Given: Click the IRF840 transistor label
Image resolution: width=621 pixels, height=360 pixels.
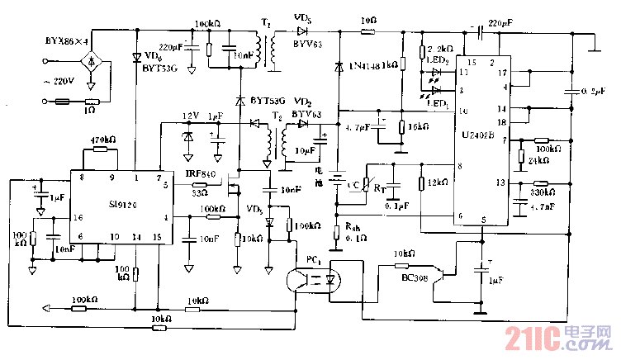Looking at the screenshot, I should (201, 173).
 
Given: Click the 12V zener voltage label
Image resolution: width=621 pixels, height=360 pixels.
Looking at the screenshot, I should (191, 116).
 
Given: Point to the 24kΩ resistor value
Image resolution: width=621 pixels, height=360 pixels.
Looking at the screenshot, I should (538, 161).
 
